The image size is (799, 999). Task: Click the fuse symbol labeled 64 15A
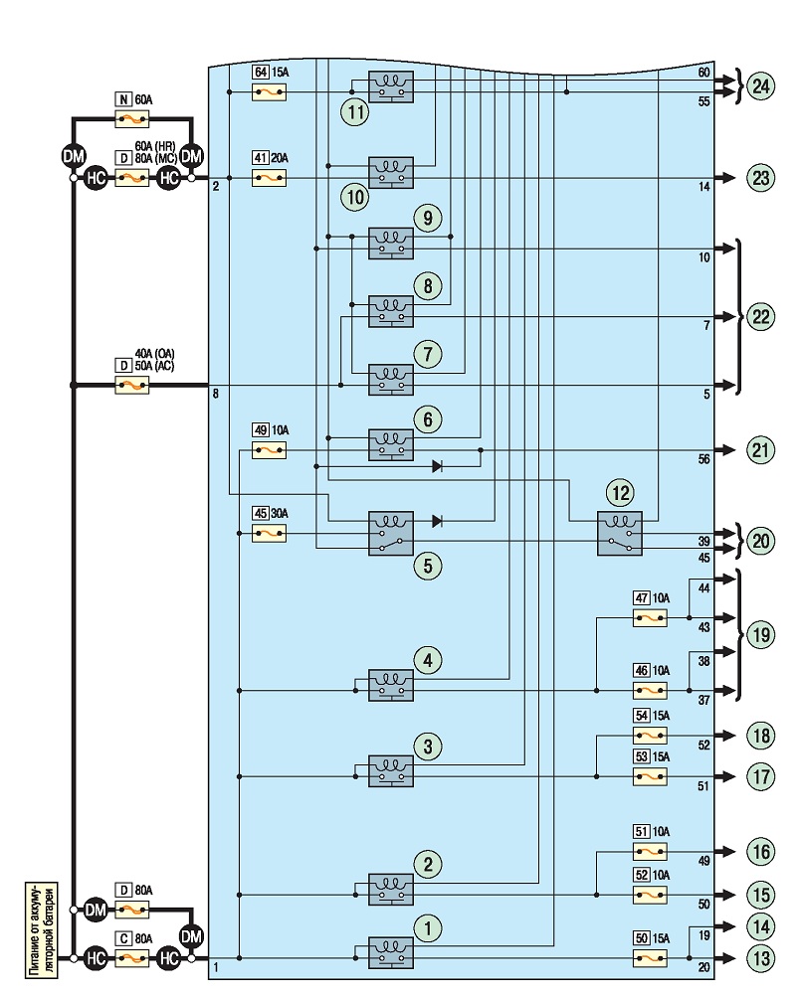coord(269,92)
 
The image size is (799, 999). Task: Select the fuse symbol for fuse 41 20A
coord(269,178)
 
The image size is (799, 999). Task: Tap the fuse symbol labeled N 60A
coord(132,118)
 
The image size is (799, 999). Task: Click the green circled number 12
coord(621,492)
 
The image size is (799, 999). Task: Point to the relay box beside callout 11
coord(391,86)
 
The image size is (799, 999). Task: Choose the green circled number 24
coord(761,86)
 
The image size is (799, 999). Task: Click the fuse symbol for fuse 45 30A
coord(269,533)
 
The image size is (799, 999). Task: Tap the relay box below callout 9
coord(391,243)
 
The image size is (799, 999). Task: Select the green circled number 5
coord(427,566)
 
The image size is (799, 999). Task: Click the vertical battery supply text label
coord(42,929)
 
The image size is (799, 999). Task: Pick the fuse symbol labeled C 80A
coord(132,957)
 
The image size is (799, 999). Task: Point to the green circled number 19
coord(761,634)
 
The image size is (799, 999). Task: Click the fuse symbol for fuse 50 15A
coord(650,957)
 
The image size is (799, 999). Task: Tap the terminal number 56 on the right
coord(703,458)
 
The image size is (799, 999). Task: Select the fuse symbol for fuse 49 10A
coord(269,451)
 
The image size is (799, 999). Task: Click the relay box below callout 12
coord(620,534)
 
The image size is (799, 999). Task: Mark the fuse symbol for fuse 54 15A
coord(650,736)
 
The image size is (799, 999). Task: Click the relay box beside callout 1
coord(391,952)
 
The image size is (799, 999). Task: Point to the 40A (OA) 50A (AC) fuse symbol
coord(132,385)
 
